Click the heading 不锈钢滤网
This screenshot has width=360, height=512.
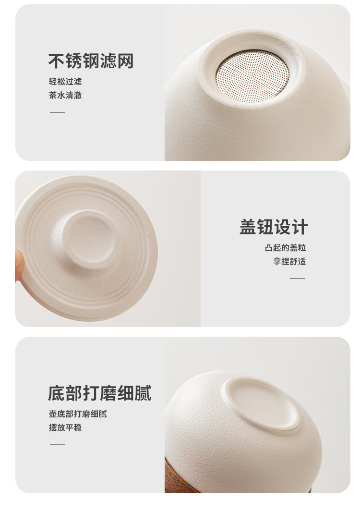click(x=91, y=61)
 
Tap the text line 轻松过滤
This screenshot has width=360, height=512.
click(x=65, y=81)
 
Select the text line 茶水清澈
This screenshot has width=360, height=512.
click(x=65, y=95)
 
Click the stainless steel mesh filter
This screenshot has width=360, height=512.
click(x=252, y=76)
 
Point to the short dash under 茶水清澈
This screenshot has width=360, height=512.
click(x=58, y=112)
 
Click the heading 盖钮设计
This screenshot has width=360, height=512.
click(x=274, y=227)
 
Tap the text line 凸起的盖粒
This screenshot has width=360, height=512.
click(x=285, y=247)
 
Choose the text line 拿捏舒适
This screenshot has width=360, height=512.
click(x=289, y=261)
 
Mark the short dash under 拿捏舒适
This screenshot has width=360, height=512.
click(x=298, y=279)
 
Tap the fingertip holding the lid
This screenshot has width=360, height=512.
click(x=20, y=265)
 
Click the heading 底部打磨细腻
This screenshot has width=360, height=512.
click(x=99, y=393)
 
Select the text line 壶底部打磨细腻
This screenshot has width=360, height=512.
click(x=78, y=414)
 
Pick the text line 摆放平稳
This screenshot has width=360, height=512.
click(x=65, y=427)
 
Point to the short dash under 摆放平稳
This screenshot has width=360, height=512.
click(x=58, y=444)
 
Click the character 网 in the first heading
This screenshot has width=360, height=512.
click(x=125, y=61)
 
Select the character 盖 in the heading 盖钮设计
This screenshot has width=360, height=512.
click(x=248, y=227)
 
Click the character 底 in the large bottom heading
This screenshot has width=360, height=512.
click(x=57, y=393)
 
